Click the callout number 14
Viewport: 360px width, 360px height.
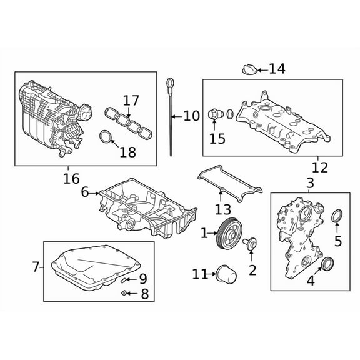pyautogui.click(x=276, y=69)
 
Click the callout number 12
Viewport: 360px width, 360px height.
pyautogui.click(x=319, y=167)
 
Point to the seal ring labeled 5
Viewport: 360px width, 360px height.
pyautogui.click(x=337, y=216)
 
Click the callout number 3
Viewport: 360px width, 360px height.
pyautogui.click(x=310, y=183)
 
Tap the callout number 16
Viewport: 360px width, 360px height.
pyautogui.click(x=71, y=179)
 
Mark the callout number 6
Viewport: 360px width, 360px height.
pyautogui.click(x=85, y=193)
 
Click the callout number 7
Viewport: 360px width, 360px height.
pyautogui.click(x=36, y=267)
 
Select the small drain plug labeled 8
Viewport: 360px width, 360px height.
pyautogui.click(x=125, y=292)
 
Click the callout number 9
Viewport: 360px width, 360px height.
pyautogui.click(x=142, y=279)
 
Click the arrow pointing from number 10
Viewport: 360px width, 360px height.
pyautogui.click(x=177, y=116)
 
